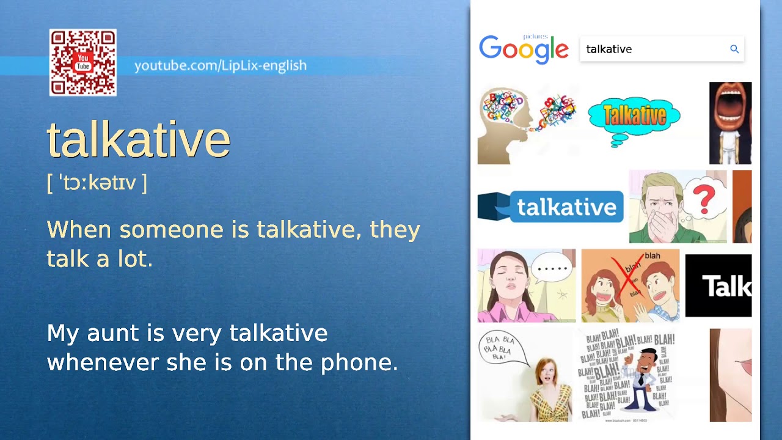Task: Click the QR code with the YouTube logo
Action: click(x=83, y=62)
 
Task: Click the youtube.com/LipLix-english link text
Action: click(x=220, y=65)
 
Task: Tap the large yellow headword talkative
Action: click(x=139, y=139)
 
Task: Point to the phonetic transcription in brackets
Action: click(x=97, y=183)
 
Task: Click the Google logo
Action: click(x=524, y=49)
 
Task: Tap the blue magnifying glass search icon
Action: click(x=734, y=49)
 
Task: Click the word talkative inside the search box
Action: click(x=608, y=50)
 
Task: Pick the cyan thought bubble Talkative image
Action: click(x=634, y=119)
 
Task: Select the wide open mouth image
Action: click(x=730, y=123)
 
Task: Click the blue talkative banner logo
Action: click(x=550, y=207)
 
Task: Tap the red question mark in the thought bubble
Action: click(x=704, y=200)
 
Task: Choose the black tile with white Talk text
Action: click(x=718, y=286)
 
